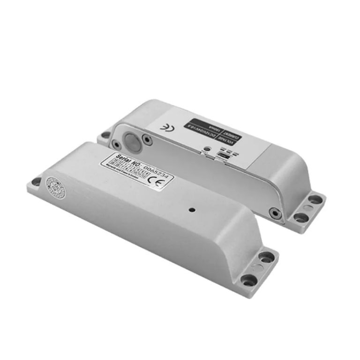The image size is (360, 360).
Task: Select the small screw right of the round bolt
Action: point(148,140)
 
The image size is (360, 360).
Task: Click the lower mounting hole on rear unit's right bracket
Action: point(300,217)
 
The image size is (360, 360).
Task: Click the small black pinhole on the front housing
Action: point(191,210)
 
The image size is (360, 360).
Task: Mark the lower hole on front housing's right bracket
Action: point(248,280)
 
